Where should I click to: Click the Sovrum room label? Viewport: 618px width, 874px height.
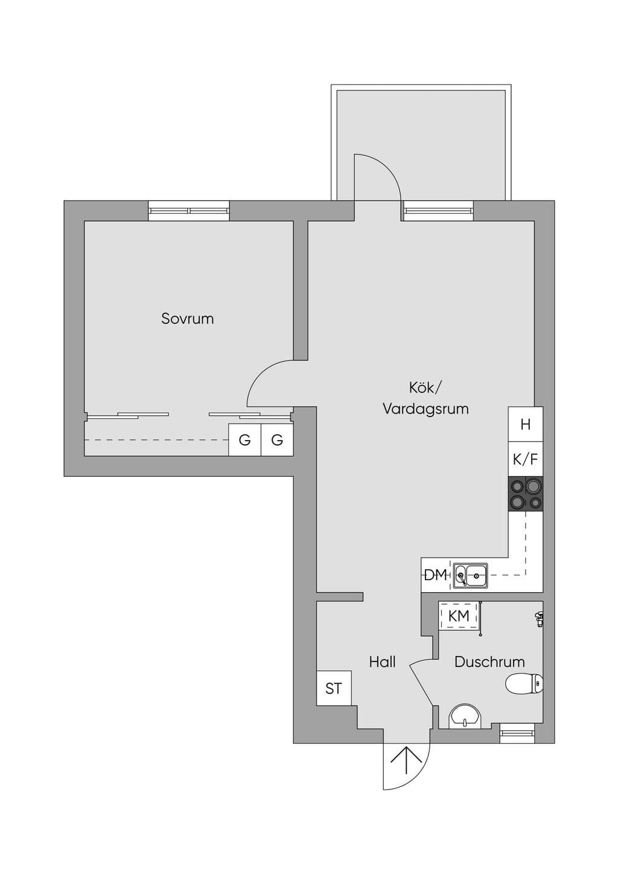[x=187, y=319]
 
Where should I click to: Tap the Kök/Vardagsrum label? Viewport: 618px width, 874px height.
[x=425, y=398]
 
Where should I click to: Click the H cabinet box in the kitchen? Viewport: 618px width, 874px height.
[x=526, y=424]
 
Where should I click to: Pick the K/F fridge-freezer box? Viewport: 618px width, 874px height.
[x=526, y=459]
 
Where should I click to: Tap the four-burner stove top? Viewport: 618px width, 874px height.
[x=526, y=494]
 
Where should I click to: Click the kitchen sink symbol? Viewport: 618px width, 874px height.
[x=470, y=575]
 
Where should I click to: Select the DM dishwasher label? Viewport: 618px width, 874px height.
[x=435, y=575]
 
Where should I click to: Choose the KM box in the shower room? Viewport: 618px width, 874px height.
[x=459, y=616]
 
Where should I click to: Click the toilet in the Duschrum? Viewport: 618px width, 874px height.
[x=524, y=683]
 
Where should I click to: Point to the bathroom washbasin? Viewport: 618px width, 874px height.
[x=466, y=716]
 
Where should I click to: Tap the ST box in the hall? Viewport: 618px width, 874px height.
[x=334, y=688]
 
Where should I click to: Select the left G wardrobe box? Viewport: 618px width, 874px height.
[x=244, y=440]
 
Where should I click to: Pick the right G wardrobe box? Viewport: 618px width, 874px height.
[x=277, y=440]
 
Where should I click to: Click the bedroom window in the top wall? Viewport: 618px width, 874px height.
[x=189, y=211]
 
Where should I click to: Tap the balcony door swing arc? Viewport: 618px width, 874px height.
[x=386, y=167]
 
